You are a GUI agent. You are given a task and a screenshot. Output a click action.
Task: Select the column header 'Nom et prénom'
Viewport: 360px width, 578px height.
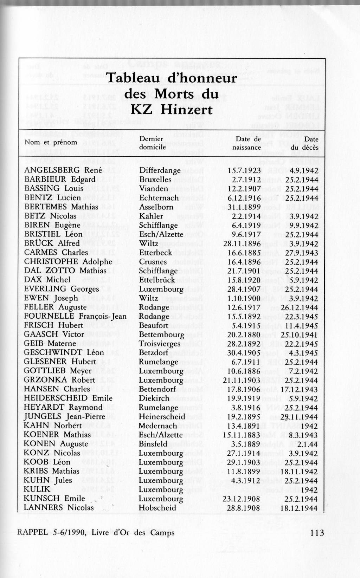[x=51, y=142]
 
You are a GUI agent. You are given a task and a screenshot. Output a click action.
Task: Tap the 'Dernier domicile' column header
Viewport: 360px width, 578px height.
[x=152, y=143]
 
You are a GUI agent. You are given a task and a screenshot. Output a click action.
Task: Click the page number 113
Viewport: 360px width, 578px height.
[x=317, y=533]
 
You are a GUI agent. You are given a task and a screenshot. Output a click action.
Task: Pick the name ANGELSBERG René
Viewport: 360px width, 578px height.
[x=63, y=170]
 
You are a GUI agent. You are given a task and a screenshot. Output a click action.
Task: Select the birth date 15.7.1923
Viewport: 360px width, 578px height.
[x=244, y=171]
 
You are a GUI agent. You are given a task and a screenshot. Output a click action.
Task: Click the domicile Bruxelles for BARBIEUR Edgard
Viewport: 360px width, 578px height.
[x=155, y=180]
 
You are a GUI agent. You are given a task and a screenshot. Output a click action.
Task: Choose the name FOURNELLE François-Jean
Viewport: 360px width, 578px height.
[x=75, y=316]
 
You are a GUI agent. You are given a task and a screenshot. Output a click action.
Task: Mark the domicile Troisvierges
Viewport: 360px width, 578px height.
[x=160, y=344]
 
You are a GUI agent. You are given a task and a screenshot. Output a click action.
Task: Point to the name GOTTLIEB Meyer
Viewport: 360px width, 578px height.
[x=58, y=371]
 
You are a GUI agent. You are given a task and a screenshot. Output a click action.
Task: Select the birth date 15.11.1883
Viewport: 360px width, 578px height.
[x=242, y=435]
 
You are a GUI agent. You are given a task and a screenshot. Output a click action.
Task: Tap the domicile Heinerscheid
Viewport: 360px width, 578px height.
[x=162, y=417]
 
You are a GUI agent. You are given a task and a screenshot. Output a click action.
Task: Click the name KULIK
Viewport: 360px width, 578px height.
[x=37, y=489]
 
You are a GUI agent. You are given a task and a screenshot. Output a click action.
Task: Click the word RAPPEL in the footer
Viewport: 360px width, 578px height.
[x=32, y=533]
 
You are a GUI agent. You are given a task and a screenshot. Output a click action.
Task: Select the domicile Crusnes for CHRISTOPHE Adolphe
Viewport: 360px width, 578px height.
[x=153, y=262]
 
